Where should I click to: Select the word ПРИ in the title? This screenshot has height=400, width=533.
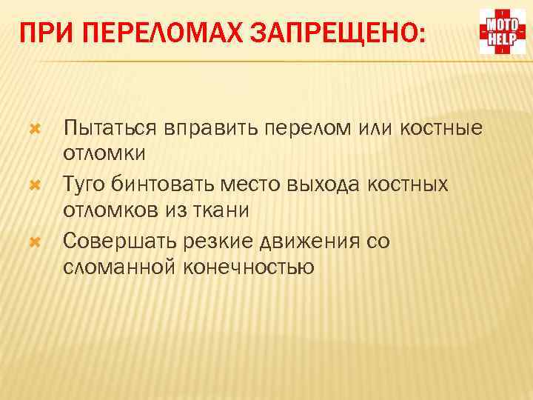click(42, 33)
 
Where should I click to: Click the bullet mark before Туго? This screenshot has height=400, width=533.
click(33, 182)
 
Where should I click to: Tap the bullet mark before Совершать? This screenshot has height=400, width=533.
click(33, 241)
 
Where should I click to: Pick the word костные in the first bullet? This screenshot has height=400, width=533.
click(441, 129)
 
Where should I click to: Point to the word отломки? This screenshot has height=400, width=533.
click(104, 153)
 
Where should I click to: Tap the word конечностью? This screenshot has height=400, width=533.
click(246, 267)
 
